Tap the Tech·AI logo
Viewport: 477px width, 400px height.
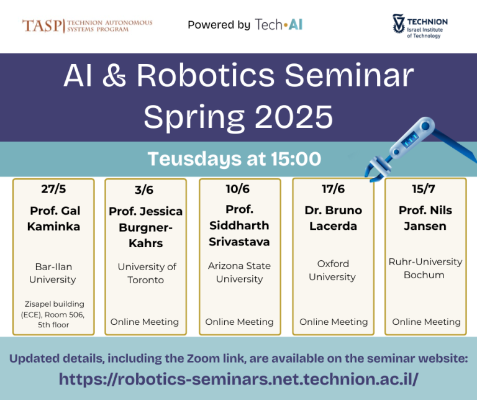click(278, 25)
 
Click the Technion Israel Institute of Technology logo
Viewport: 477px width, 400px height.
click(420, 26)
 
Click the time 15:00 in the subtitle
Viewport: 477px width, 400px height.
click(294, 159)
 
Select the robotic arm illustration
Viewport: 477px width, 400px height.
click(411, 150)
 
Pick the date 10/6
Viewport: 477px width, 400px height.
click(239, 188)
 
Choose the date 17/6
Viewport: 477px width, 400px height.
click(332, 188)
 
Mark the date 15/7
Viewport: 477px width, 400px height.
click(425, 188)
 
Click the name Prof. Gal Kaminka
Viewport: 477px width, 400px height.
click(53, 219)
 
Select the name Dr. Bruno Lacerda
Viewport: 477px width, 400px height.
click(332, 217)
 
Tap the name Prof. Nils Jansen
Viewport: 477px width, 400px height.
click(425, 217)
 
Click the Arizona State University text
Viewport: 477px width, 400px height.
click(239, 272)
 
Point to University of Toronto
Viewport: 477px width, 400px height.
click(147, 273)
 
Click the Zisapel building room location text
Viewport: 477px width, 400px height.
click(53, 313)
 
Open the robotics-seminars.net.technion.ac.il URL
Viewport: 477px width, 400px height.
click(238, 379)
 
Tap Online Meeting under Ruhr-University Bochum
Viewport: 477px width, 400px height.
click(426, 322)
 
